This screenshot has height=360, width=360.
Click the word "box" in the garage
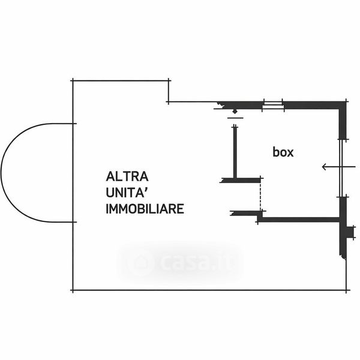pyautogui.click(x=283, y=152)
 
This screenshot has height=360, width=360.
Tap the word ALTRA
pyautogui.click(x=127, y=177)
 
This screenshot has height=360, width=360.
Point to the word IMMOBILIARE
pyautogui.click(x=145, y=209)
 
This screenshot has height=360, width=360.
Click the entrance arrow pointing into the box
pyautogui.click(x=329, y=167)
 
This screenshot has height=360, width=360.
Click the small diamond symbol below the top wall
pyautogui.click(x=235, y=111)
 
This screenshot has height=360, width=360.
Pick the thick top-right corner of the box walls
pyautogui.click(x=344, y=104)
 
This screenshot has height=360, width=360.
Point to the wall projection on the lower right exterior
pyautogui.click(x=346, y=240)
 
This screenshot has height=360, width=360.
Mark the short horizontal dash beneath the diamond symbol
pyautogui.click(x=235, y=118)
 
